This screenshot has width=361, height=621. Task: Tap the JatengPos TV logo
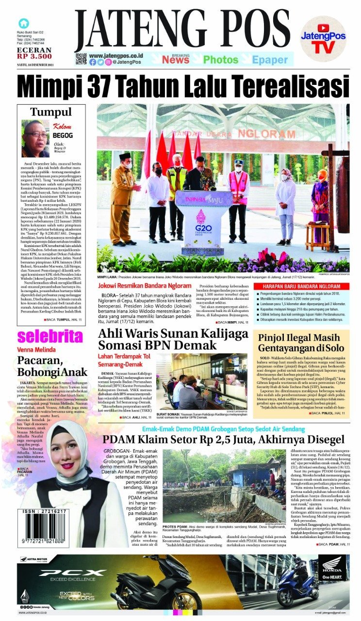click(323, 38)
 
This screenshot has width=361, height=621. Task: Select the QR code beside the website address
click(81, 59)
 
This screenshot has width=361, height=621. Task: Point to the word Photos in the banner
click(221, 60)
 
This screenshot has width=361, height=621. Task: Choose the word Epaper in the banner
click(270, 60)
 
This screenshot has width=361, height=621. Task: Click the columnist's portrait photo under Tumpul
click(35, 139)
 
